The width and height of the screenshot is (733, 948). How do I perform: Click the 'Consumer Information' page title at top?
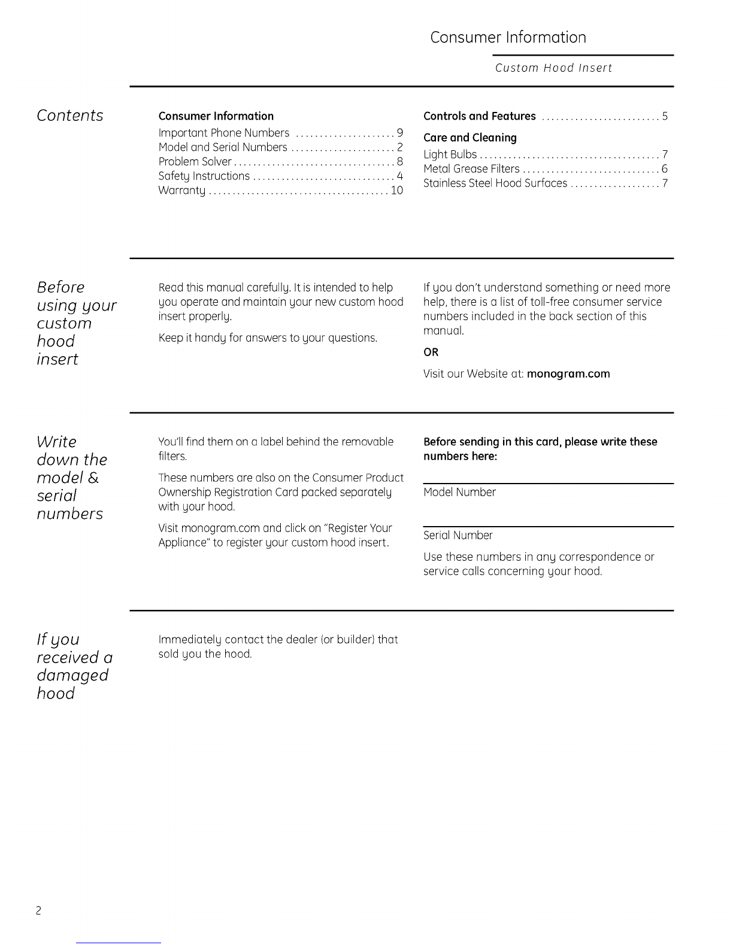[x=508, y=37]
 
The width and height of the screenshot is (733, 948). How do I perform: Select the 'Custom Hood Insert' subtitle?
[x=553, y=68]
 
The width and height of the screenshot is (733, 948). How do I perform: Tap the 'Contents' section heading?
[x=69, y=116]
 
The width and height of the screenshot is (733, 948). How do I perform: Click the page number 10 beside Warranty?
[x=396, y=190]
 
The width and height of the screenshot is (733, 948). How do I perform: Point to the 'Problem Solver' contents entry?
[x=195, y=162]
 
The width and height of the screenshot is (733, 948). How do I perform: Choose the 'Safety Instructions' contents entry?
[x=204, y=176]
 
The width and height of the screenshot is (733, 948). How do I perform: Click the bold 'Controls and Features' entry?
[x=479, y=116]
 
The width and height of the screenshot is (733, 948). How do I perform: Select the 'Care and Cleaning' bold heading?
[x=470, y=138]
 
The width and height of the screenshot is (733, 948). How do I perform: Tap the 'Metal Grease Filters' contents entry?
[x=471, y=169]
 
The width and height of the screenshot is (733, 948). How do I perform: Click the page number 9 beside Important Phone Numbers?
[x=399, y=133]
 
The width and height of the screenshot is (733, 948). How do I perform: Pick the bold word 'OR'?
[x=431, y=353]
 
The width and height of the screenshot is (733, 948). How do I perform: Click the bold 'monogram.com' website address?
[x=568, y=374]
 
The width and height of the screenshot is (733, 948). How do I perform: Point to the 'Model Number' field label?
[x=459, y=493]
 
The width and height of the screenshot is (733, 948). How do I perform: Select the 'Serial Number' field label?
[x=458, y=536]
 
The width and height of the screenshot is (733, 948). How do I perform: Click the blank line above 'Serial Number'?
[x=548, y=527]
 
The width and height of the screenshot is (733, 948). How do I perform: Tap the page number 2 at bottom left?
[x=39, y=911]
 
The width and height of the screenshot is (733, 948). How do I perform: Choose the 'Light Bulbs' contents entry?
[x=450, y=154]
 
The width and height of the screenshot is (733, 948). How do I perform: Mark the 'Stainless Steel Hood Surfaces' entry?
[x=495, y=183]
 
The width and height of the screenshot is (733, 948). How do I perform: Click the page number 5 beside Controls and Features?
[x=665, y=116]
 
